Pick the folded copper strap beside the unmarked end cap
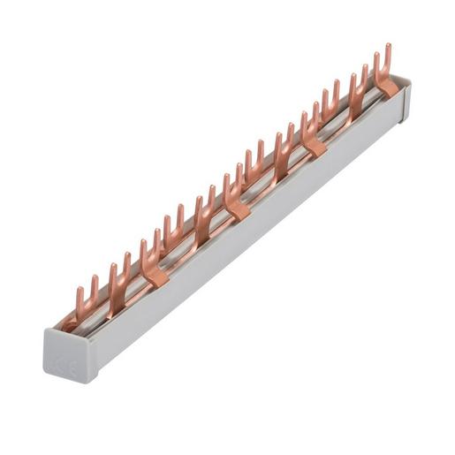click(386, 85)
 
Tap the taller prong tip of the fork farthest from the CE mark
click(387, 47)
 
